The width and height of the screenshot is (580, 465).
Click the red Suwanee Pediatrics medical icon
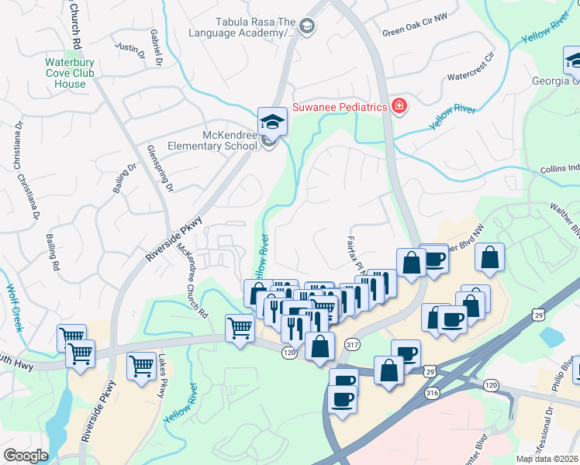pos(399,107)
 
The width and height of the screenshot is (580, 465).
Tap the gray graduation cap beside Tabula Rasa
pos(306,27)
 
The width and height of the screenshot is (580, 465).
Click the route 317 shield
pos(353,344)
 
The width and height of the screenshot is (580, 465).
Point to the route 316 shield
pos(432,394)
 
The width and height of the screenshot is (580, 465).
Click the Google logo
pos(26,456)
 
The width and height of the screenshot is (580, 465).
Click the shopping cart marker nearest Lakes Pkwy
pos(140,366)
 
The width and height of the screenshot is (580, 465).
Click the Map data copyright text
pos(547,459)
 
